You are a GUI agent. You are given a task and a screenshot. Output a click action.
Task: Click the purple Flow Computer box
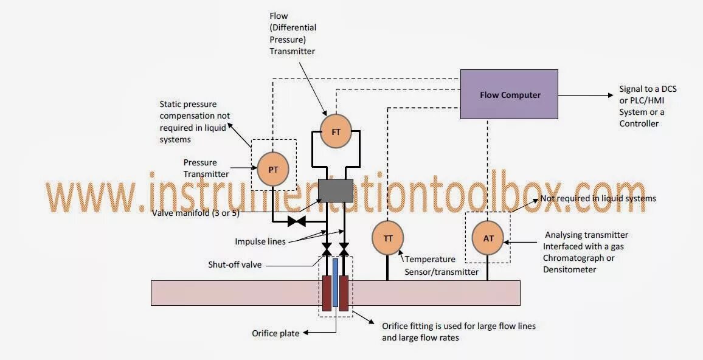pos(509,94)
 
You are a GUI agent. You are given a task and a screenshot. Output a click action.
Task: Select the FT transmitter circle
pos(336,132)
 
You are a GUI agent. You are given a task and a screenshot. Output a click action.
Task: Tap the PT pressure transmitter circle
pos(273,169)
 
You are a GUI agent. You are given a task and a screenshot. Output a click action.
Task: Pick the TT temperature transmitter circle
pos(387,238)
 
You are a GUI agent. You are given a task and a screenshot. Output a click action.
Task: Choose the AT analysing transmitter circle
pos(488,238)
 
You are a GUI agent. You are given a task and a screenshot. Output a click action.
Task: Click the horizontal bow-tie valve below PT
pos(296,221)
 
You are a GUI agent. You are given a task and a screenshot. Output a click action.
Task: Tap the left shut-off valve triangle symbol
pos(327,250)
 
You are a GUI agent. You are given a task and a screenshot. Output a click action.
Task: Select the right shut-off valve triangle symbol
pos(344,250)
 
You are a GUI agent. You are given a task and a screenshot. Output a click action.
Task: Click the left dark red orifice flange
pos(327,293)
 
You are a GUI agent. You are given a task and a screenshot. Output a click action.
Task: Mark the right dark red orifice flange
pos(344,293)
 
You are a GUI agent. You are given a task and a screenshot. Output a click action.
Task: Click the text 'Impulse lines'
pos(260,241)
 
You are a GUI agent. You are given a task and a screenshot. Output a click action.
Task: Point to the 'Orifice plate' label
pos(275,333)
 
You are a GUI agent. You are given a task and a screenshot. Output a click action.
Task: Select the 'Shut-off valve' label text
pos(234,265)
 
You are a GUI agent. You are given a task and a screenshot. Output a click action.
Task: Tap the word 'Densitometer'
pos(570,269)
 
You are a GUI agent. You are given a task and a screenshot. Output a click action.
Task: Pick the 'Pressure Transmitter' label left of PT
pos(206,168)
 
